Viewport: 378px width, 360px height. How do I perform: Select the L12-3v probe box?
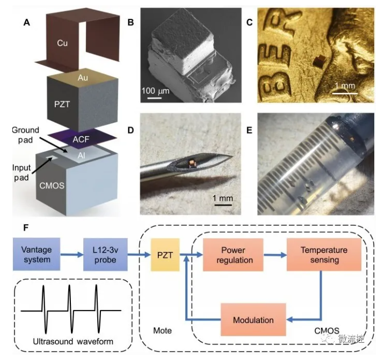coord(107,255)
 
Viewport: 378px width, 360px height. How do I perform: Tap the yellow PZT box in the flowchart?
coord(165,255)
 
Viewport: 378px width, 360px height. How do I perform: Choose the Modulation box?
coord(253,320)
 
